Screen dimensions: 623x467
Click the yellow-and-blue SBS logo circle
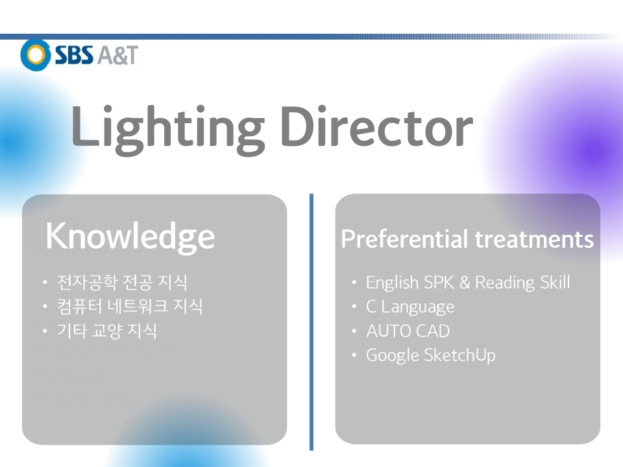(x=35, y=54)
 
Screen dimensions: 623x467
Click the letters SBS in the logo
(x=74, y=54)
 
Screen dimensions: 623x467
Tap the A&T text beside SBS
(x=117, y=54)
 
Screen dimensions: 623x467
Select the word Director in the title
(x=377, y=126)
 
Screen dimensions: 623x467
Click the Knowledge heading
(x=130, y=237)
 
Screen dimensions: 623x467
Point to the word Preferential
(x=404, y=239)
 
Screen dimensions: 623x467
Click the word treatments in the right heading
(x=534, y=239)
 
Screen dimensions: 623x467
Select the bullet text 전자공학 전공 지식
(x=122, y=282)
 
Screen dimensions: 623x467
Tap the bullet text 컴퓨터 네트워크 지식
(x=130, y=306)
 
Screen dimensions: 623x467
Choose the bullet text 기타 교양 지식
(x=107, y=331)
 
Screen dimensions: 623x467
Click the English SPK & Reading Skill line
(x=468, y=283)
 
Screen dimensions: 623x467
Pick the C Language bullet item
(x=410, y=307)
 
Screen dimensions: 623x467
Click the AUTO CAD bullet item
(x=408, y=331)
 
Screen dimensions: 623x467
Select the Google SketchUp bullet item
(x=431, y=355)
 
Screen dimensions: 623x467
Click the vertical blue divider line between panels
(x=311, y=322)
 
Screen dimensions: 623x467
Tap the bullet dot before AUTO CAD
(x=354, y=331)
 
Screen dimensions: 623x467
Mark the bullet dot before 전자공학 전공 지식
(x=45, y=282)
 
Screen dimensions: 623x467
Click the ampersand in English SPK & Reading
(x=465, y=282)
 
